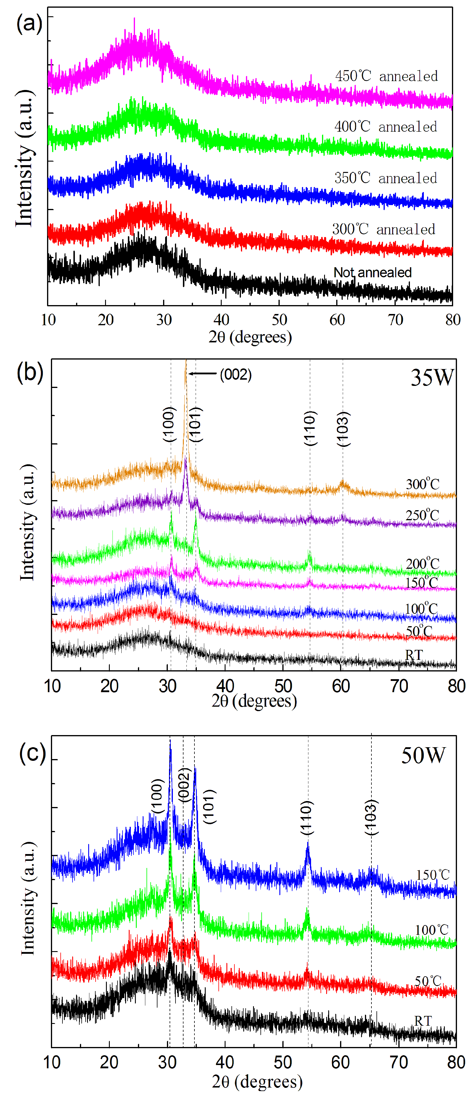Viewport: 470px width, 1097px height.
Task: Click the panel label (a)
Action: (29, 23)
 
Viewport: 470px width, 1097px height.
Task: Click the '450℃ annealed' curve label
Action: (386, 76)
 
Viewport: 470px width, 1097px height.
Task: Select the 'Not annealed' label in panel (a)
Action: (372, 272)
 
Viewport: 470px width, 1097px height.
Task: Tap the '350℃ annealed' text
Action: (385, 178)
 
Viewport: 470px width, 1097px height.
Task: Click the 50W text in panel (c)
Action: (423, 755)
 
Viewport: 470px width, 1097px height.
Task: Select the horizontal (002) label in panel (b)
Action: (235, 375)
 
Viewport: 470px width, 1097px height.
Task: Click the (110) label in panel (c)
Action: (307, 817)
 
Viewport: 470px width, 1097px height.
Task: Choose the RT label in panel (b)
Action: (414, 655)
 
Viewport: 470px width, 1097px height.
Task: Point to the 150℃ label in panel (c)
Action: (432, 875)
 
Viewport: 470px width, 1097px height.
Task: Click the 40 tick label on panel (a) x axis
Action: (221, 319)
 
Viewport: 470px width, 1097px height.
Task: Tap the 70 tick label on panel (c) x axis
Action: (398, 1062)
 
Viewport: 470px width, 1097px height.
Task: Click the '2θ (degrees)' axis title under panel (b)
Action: (254, 700)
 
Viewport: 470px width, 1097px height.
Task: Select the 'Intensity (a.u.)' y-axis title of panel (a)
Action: (25, 158)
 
